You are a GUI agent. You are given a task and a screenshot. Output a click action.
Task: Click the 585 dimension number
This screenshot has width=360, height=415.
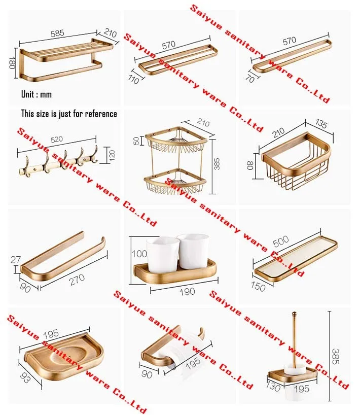coord(57,33)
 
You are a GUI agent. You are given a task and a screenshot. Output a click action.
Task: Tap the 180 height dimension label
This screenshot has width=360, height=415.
coord(12,63)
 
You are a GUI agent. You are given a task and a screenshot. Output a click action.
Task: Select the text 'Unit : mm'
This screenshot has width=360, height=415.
coord(37,94)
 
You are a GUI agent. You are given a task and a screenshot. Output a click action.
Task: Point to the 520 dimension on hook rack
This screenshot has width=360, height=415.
coord(57,140)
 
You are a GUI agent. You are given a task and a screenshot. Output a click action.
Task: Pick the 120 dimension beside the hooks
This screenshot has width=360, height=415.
coord(112,155)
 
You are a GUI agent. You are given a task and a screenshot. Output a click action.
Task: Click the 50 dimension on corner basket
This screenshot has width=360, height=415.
coord(136,141)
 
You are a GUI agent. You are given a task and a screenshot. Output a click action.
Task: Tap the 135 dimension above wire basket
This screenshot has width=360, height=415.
coord(321,124)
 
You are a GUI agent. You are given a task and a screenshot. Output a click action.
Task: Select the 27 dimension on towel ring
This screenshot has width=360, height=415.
coord(16,260)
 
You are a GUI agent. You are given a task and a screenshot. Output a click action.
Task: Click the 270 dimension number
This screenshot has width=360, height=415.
coord(77,280)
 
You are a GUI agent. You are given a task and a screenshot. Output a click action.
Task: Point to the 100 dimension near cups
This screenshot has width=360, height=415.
coord(139,254)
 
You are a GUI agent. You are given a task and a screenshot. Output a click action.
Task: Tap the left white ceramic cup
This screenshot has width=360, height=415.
coord(162,255)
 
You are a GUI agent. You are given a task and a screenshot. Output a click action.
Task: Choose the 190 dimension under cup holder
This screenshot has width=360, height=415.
coord(187,292)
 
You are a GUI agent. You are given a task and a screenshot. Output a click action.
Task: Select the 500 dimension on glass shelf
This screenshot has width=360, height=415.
coord(280,241)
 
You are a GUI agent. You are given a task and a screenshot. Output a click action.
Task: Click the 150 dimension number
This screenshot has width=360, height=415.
coord(258,287)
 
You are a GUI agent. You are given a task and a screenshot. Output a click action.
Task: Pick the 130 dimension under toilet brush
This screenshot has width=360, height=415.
coord(273,387)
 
